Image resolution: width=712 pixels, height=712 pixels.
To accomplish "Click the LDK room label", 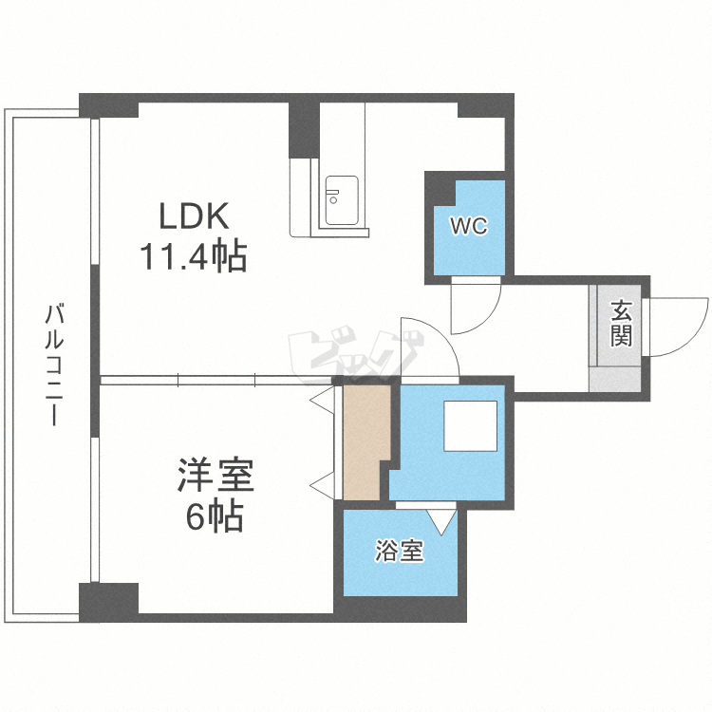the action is tap(194, 216).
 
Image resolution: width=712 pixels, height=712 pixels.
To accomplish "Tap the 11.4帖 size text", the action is tap(194, 256).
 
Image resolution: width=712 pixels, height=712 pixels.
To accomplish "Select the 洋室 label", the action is tap(215, 475).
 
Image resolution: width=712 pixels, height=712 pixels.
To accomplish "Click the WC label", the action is tap(469, 226).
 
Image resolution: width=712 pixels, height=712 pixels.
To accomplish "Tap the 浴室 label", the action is tap(399, 551).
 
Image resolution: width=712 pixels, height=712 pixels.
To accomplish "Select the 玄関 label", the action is tap(621, 323).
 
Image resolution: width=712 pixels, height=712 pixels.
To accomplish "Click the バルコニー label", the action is tap(54, 365).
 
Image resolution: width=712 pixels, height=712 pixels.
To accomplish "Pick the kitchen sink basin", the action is tap(342, 200).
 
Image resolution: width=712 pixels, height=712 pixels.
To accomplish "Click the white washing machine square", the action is tap(471, 426).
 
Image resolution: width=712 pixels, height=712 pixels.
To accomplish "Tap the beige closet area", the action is tap(366, 442).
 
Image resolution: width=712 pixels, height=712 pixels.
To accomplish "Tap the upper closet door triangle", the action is tap(325, 401).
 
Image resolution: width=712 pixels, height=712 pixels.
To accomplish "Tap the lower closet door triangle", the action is tap(325, 486).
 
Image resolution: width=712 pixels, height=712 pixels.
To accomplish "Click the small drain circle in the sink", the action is tap(333, 200).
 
